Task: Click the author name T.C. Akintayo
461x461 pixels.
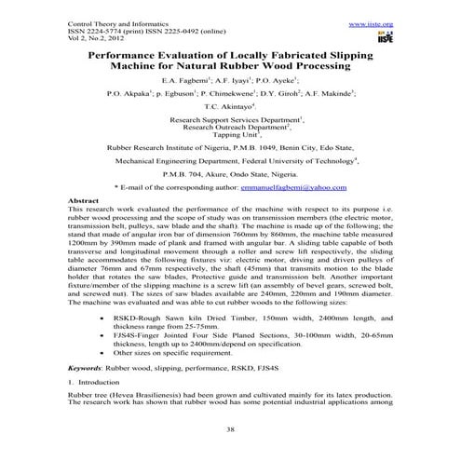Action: coord(229,107)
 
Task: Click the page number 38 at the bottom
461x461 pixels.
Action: coord(229,430)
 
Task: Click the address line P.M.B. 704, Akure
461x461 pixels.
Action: coord(230,173)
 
